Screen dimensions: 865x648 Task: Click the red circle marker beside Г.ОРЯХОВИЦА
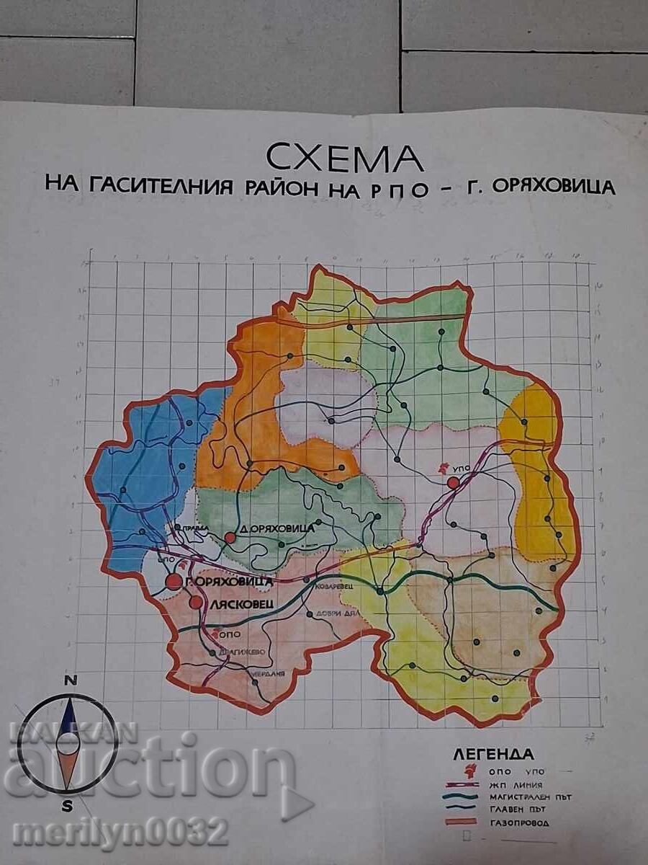(174, 582)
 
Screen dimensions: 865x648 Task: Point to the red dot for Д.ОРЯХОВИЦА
(230, 538)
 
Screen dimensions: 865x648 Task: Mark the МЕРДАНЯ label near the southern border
(267, 674)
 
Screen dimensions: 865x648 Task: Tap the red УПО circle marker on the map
(453, 482)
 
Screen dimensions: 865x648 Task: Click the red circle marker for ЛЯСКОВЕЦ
(196, 603)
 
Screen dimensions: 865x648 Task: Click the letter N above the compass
(70, 680)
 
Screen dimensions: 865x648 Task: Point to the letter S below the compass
(67, 806)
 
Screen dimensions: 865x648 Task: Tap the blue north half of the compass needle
(68, 721)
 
